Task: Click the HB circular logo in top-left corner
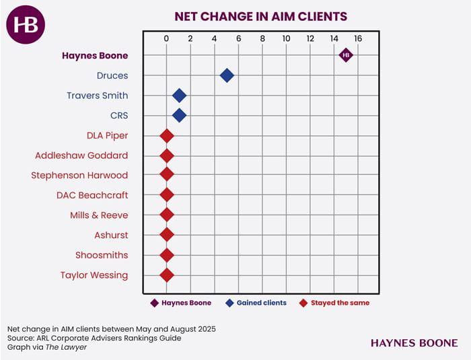[26, 26]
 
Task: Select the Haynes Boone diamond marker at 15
[346, 55]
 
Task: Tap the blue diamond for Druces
[227, 75]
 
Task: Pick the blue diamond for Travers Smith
[179, 96]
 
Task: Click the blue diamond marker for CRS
[179, 116]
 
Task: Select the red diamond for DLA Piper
[167, 136]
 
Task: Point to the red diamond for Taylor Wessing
[167, 275]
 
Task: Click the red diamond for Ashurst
[167, 236]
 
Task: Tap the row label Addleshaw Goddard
[81, 155]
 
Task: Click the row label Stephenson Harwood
[79, 176]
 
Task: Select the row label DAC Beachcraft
[92, 195]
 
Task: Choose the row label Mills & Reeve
[99, 215]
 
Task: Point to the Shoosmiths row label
[101, 255]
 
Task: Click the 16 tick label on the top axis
[358, 39]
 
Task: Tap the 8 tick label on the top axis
[262, 39]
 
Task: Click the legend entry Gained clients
[261, 303]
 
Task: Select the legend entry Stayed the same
[340, 303]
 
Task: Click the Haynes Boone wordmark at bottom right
[413, 343]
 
